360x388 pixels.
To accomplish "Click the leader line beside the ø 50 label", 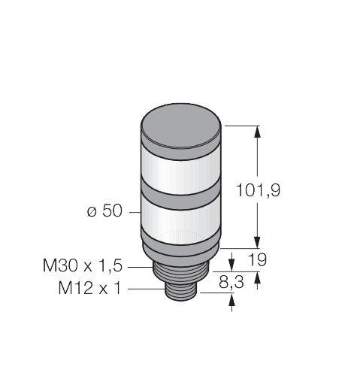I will [133, 212].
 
